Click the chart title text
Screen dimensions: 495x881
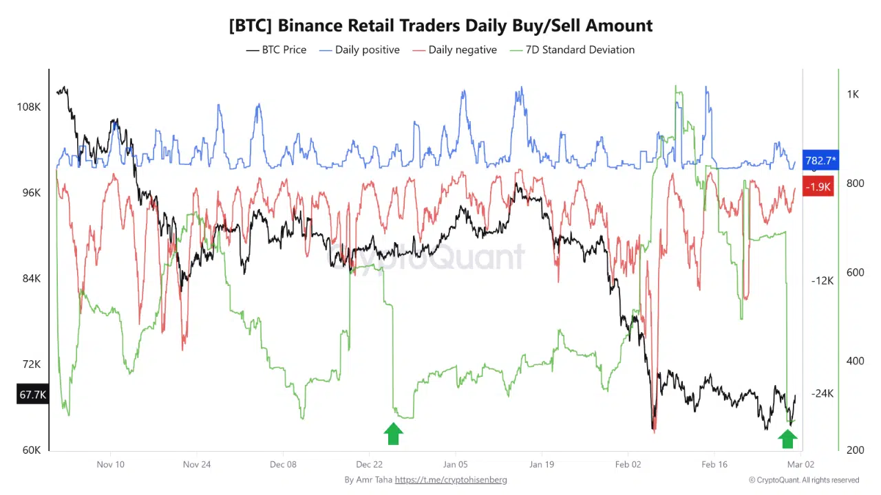click(x=440, y=25)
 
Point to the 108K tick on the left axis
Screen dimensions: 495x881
click(x=29, y=107)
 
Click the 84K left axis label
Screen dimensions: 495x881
click(x=31, y=278)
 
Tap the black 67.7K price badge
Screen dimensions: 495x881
click(x=33, y=395)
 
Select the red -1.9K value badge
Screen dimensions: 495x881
click(x=819, y=186)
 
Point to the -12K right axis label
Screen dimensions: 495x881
click(x=822, y=280)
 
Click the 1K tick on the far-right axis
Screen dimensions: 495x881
click(x=852, y=94)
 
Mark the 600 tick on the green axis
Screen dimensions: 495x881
click(x=854, y=272)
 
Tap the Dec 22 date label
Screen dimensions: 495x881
click(x=370, y=464)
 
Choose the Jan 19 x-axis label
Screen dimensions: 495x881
click(x=542, y=464)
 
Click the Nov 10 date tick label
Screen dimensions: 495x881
click(x=111, y=464)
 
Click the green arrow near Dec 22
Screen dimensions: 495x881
click(x=393, y=434)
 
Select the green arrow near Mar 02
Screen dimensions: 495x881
click(x=787, y=438)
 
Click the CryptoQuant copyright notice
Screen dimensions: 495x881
click(x=804, y=480)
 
